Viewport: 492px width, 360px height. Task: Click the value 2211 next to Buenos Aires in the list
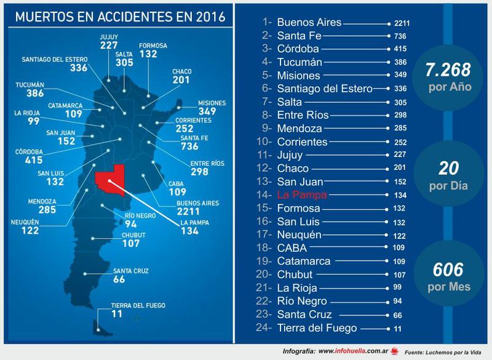click(402, 23)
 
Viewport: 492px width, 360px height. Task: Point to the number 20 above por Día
click(448, 169)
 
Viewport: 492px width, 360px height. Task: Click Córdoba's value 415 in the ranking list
click(400, 49)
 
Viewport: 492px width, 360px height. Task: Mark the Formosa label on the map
click(153, 45)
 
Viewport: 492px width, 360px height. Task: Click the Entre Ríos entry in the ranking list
click(303, 115)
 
